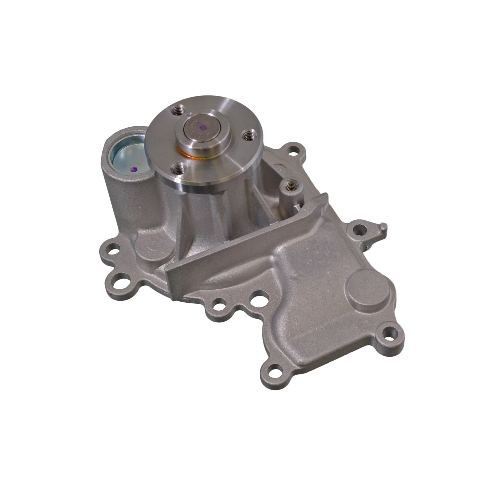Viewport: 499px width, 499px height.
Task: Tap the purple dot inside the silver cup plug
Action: (135, 169)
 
